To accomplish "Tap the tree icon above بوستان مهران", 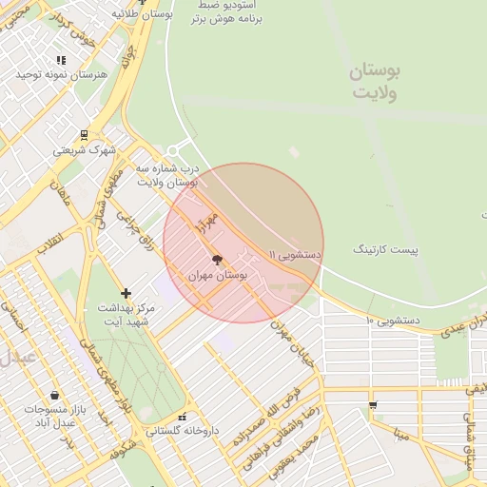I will tap(217, 259).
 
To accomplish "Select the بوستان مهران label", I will tap(218, 274).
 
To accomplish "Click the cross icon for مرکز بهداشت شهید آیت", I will tap(126, 293).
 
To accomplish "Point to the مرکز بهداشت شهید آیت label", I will tap(126, 316).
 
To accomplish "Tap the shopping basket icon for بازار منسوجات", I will tap(54, 395).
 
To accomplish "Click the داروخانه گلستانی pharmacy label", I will tap(182, 431).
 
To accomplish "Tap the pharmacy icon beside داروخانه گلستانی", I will tap(182, 417).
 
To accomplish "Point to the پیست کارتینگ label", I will tap(385, 249).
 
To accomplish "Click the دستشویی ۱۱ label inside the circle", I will tap(296, 255).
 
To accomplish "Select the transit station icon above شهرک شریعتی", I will tap(84, 134).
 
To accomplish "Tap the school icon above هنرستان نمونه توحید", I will tap(61, 60).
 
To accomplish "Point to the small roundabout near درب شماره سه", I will tap(172, 151).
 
